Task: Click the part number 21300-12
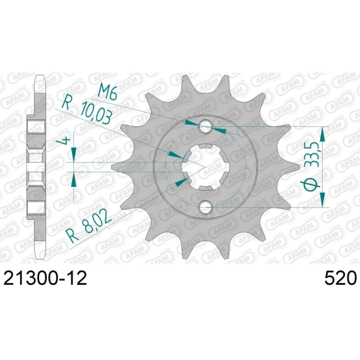45,278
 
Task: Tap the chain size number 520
340,278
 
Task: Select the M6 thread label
107,92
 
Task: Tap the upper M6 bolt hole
205,126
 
